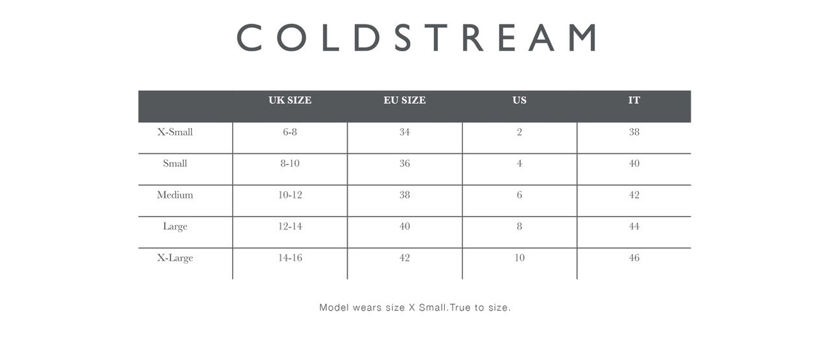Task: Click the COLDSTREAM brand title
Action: pos(416,38)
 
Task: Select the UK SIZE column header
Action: pos(290,100)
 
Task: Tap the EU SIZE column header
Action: pos(405,100)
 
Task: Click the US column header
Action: pos(519,100)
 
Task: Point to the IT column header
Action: pos(634,100)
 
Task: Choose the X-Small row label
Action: pos(175,132)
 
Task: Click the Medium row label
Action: pos(175,195)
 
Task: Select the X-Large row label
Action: pos(175,258)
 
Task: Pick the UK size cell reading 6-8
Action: pos(290,132)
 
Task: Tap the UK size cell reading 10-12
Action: pos(290,195)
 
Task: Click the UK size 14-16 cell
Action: pos(290,258)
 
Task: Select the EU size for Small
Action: pos(405,163)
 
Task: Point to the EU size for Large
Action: pos(405,226)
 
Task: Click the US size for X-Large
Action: pos(519,258)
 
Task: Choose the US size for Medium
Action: pos(519,195)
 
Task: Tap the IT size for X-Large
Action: pos(634,258)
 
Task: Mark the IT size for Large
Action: pos(634,226)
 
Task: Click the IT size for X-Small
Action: pos(634,132)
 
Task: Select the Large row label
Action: pos(175,226)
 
